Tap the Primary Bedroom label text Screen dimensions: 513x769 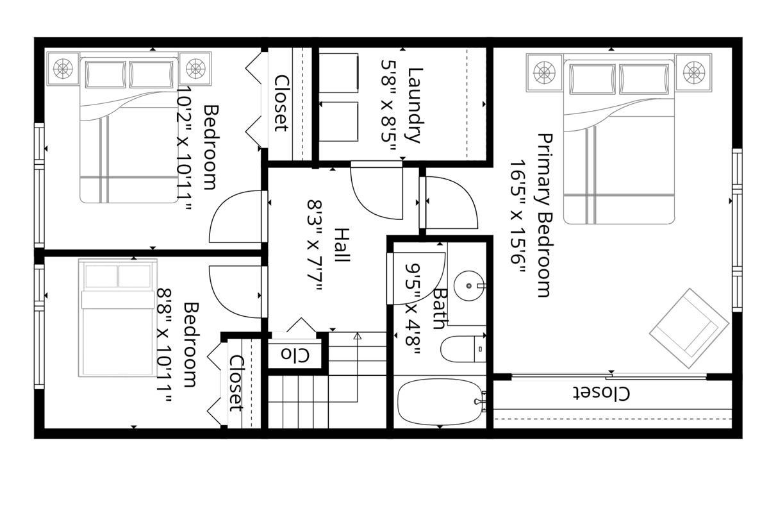pos(543,215)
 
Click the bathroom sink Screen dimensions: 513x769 pos(469,282)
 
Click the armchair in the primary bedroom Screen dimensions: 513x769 pos(689,328)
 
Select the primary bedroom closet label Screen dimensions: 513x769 pos(600,393)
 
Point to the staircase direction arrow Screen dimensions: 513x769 pos(358,335)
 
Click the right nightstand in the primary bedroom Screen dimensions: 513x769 pos(693,72)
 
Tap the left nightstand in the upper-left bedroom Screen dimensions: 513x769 pos(63,68)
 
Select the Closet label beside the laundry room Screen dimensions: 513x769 pos(281,103)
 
